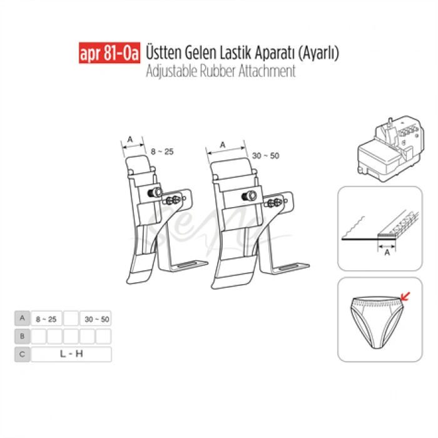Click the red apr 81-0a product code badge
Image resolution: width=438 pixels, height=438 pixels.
[x=109, y=54]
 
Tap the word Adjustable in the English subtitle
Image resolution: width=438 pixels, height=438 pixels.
[x=171, y=71]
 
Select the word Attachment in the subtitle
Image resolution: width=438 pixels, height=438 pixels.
[x=268, y=71]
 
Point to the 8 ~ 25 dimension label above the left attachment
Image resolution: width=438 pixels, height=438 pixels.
[x=161, y=151]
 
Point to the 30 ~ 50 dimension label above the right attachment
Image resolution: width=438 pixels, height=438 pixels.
[x=266, y=155]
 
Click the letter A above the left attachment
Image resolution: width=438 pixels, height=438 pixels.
[x=130, y=139]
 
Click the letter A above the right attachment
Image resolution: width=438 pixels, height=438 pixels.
[x=223, y=143]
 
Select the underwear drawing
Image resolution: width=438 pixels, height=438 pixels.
[x=373, y=322]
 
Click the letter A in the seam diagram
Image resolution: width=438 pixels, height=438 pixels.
[x=387, y=253]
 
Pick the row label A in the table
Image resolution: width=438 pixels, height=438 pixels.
[x=22, y=318]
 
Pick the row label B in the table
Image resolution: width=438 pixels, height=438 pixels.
[x=22, y=337]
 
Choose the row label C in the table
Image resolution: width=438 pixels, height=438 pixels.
[x=22, y=355]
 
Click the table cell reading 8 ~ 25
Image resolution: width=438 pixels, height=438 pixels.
[x=46, y=318]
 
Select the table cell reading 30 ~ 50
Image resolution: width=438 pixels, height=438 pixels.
[x=96, y=318]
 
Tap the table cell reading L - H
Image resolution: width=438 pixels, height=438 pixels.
[x=71, y=355]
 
